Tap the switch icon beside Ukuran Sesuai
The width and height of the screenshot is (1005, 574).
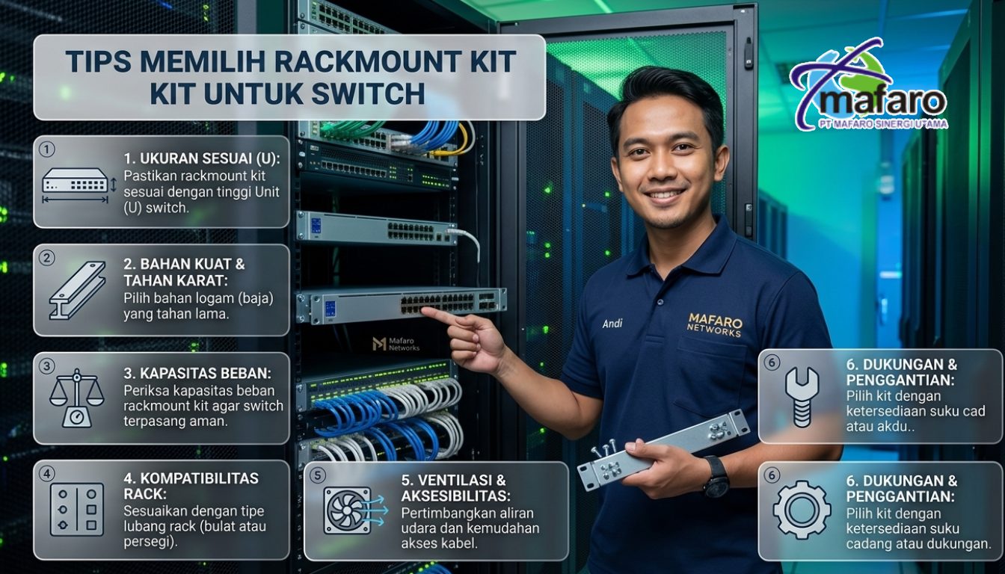coord(76,185)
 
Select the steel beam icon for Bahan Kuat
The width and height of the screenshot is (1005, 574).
coord(77,290)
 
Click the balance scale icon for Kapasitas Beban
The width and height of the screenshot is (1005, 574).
coord(77,398)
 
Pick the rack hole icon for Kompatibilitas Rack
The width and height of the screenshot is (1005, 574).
coord(77,510)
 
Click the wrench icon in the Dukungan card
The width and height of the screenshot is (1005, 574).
coord(802,397)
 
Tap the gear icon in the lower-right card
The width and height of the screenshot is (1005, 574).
coord(802,510)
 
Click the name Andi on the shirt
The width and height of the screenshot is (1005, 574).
coord(612,324)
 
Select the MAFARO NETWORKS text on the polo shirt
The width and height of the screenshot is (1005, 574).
coord(715,326)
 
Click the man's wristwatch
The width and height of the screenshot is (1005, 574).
coord(716,476)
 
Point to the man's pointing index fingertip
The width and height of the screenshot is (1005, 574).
coord(424,310)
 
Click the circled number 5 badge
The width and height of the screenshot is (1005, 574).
coord(317,475)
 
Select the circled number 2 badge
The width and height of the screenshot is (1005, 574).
coord(46,257)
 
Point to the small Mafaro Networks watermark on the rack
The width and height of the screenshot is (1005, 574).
coord(396,344)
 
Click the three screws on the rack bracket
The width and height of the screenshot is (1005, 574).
coord(603,449)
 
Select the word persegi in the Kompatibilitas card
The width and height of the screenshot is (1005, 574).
coord(150,542)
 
